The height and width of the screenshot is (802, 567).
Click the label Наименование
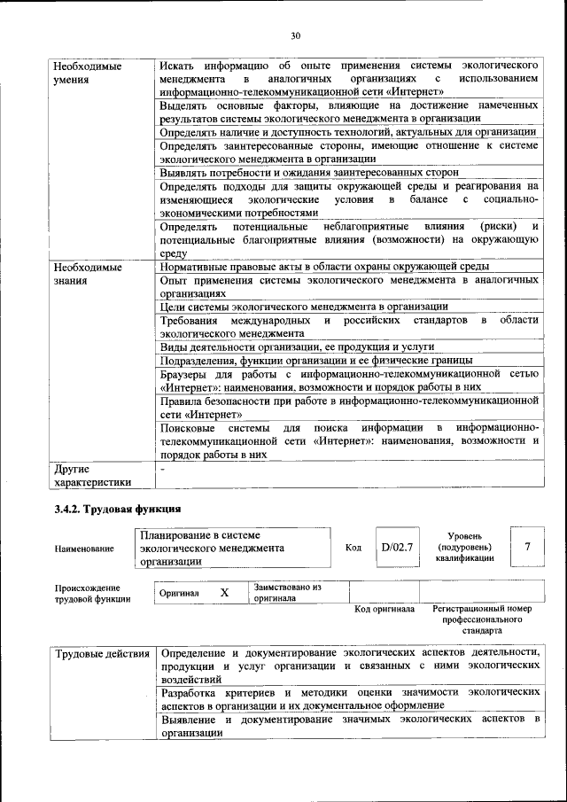point(84,549)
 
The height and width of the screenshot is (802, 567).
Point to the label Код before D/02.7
point(353,548)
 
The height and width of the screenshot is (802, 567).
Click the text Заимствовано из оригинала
point(287,592)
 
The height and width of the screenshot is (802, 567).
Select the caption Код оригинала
point(384,610)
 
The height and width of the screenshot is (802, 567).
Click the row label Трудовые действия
point(102,654)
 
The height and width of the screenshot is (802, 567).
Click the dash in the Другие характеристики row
point(162,468)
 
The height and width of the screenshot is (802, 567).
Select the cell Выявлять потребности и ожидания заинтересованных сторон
point(309,172)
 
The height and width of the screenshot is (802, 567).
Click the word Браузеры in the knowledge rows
point(185,374)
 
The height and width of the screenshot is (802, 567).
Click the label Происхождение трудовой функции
point(88,593)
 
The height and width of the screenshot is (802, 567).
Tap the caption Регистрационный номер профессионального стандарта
point(482,620)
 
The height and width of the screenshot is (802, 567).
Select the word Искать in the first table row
point(176,66)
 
